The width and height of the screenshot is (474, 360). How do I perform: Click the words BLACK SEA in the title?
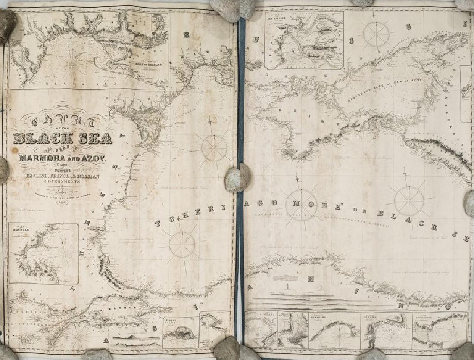click(63, 139)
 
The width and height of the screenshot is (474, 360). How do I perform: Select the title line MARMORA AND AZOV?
click(65, 158)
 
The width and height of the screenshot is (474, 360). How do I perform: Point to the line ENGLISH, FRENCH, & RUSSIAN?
click(63, 177)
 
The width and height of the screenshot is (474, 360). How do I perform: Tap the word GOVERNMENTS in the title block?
click(62, 183)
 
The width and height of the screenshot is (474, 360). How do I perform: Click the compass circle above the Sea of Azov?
click(376, 34)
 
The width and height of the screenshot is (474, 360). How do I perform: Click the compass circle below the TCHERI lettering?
click(182, 245)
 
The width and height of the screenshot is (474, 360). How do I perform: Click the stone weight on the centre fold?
click(237, 178)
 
